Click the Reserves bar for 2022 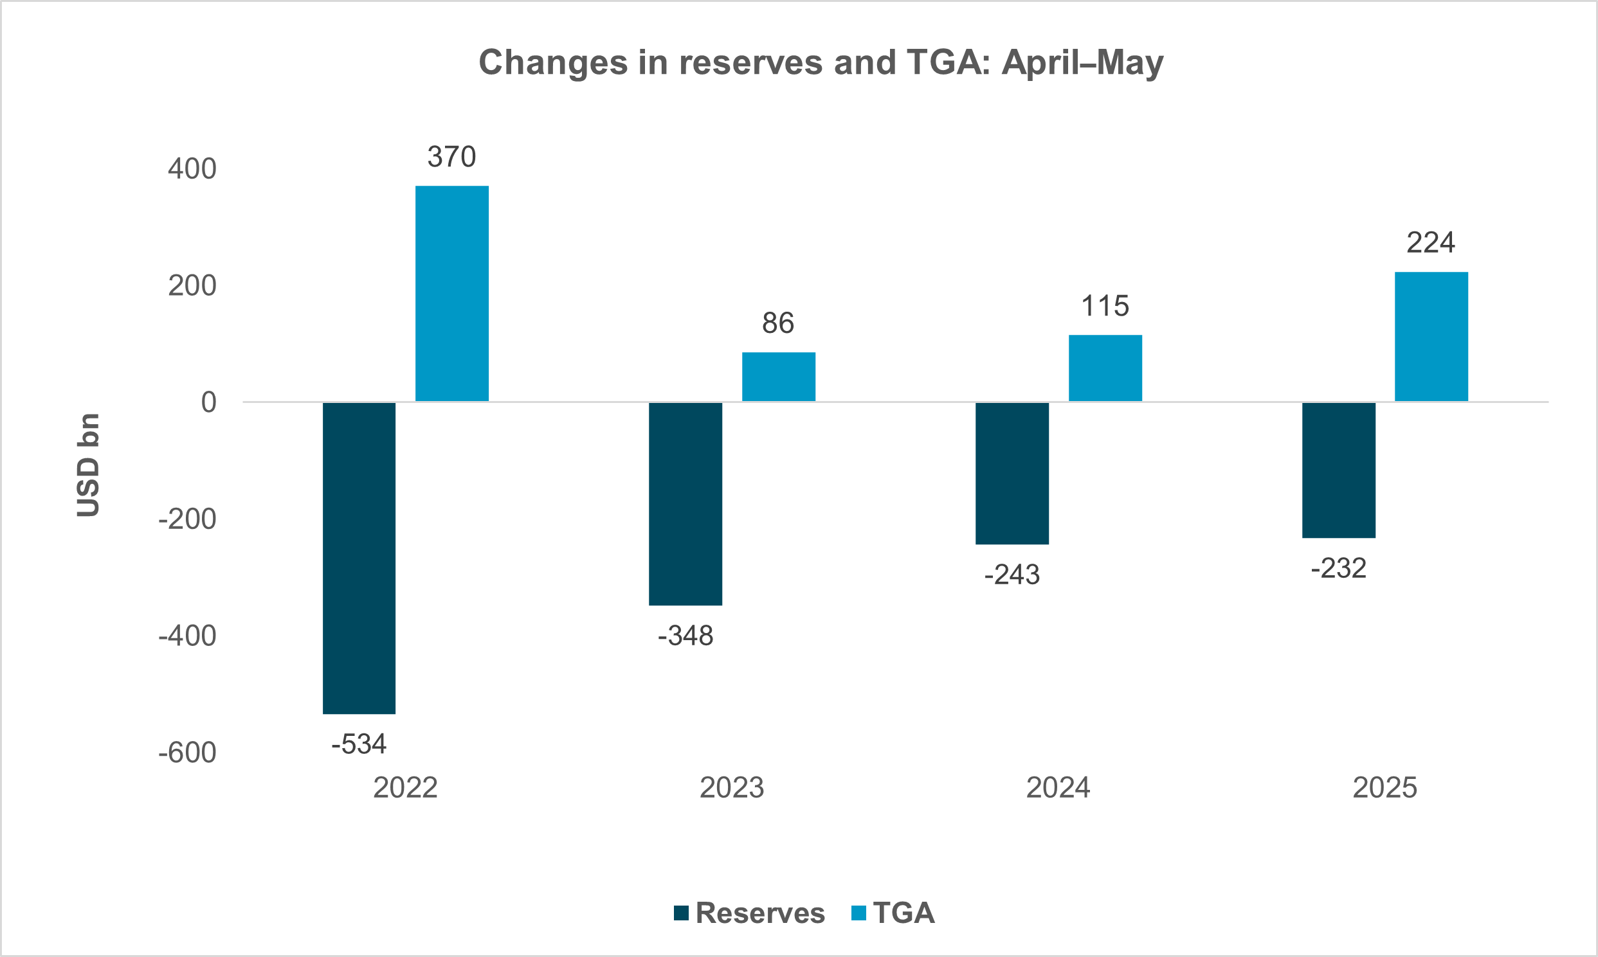tap(359, 558)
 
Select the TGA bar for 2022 tap(451, 294)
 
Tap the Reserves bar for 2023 tap(685, 504)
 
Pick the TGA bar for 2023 tap(778, 377)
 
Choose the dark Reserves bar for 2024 tap(1012, 472)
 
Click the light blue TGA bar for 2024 tap(1105, 368)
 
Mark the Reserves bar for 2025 tap(1339, 469)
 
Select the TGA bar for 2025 tap(1431, 337)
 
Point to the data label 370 tap(451, 157)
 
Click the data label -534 tap(359, 744)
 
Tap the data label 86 tap(777, 323)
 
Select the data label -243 tap(1012, 575)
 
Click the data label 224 tap(1430, 243)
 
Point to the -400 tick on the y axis tap(188, 636)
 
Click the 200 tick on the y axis tap(192, 285)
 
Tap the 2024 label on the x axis tap(1058, 787)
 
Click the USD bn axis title tap(88, 465)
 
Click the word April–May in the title tap(1082, 62)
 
